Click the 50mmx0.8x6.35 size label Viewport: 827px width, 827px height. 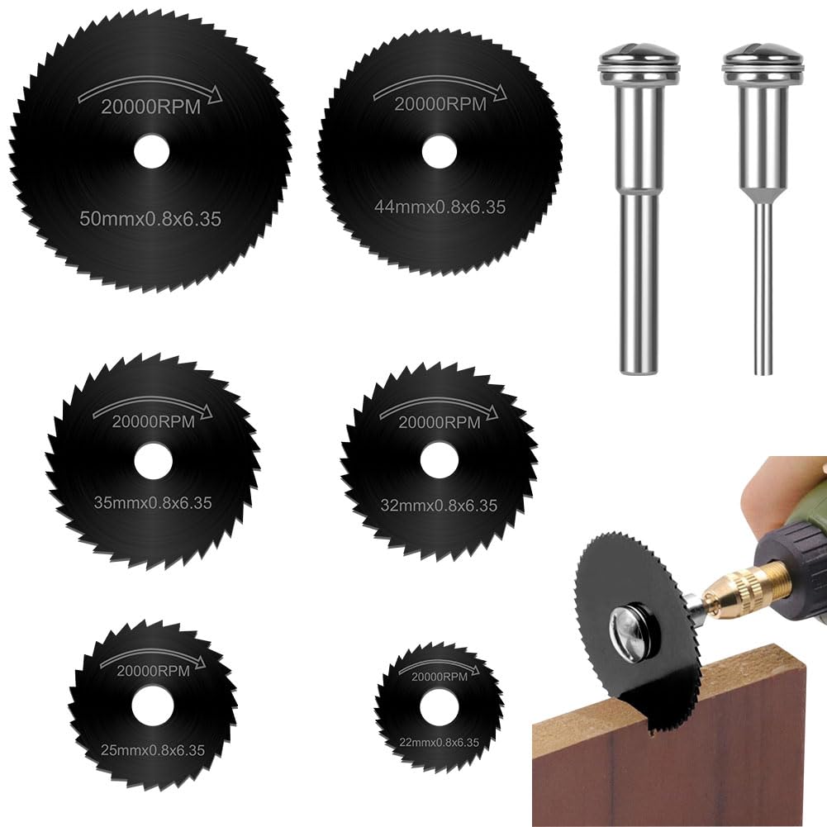[150, 221]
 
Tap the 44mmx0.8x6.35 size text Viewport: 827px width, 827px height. [439, 207]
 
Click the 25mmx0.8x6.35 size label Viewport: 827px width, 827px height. [152, 750]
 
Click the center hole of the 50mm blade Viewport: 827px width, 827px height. [151, 152]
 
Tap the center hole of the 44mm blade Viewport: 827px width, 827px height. [439, 153]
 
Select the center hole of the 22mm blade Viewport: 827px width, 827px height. [438, 707]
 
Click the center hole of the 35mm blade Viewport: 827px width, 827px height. [152, 459]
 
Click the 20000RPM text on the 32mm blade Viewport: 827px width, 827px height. [439, 422]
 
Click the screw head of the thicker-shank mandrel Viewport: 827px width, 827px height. [639, 64]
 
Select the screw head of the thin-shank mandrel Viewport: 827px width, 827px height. [762, 64]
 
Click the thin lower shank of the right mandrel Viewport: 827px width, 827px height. [763, 289]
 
